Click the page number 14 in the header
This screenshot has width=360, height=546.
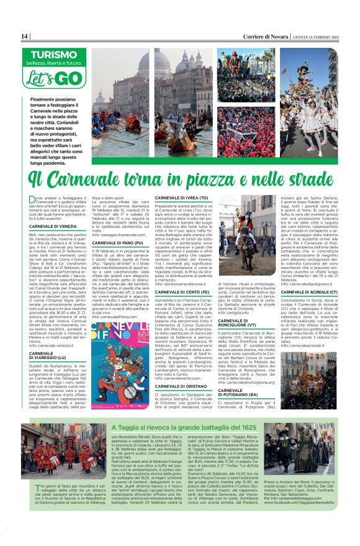click(x=25, y=36)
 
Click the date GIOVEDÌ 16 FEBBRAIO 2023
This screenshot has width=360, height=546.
click(x=323, y=36)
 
